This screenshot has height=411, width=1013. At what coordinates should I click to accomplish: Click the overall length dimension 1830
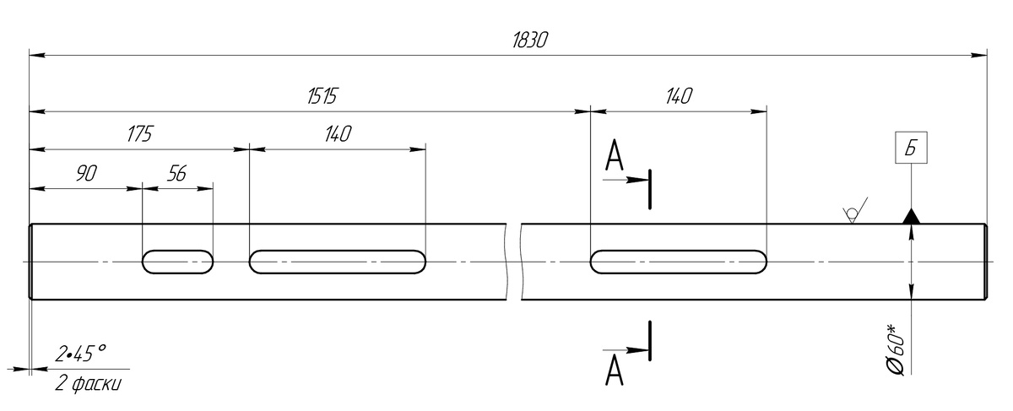529,41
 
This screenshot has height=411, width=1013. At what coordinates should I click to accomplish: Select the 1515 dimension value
322,96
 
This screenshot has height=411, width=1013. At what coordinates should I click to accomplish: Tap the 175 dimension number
140,134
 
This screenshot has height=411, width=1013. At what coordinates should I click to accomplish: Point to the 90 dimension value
86,173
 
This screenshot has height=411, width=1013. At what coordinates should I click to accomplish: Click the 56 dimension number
176,173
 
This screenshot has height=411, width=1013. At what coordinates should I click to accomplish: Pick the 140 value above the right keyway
679,96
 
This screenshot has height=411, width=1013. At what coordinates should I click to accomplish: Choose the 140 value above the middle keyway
338,134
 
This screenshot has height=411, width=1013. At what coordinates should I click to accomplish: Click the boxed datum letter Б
911,148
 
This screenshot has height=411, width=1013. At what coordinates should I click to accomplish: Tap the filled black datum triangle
911,217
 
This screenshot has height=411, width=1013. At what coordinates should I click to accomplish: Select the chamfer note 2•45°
80,354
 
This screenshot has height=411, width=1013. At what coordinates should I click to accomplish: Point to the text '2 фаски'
88,384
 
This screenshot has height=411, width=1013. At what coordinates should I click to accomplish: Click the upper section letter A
615,155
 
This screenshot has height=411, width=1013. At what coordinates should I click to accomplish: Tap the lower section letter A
615,370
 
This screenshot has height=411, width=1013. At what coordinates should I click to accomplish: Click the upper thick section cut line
650,189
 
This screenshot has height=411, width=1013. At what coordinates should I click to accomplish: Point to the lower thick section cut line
650,341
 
